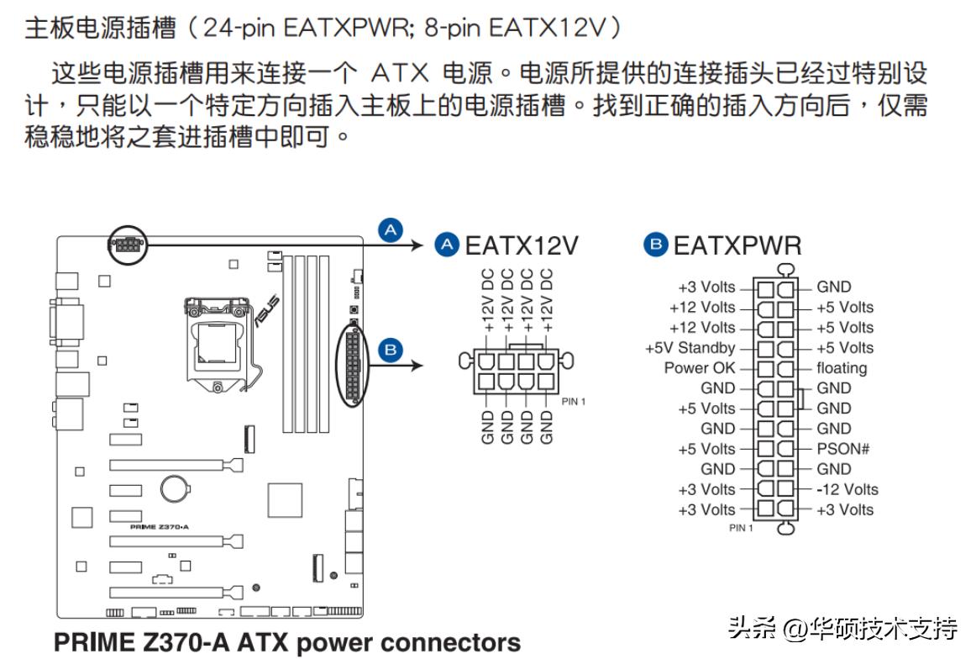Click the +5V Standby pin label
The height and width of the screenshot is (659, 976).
pos(690,348)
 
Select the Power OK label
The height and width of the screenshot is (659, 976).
pos(699,368)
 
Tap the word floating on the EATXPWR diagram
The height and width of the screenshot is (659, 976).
pos(842,368)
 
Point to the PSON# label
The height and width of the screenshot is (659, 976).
pos(842,449)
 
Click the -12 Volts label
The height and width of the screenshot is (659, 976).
pos(847,489)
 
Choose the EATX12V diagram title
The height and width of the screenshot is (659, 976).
pos(522,245)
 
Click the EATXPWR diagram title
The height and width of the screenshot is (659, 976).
pos(737,245)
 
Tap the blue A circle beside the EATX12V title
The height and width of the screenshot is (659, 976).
pos(447,245)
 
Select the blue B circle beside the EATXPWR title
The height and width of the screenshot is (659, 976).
pos(655,245)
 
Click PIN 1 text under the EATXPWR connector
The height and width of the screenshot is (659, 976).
pos(741,528)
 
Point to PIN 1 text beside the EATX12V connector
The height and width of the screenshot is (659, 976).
pos(573,402)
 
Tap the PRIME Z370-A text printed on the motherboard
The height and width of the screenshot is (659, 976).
pos(160,527)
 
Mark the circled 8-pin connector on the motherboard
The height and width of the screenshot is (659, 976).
pos(125,245)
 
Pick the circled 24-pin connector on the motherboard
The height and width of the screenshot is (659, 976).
pos(354,366)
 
